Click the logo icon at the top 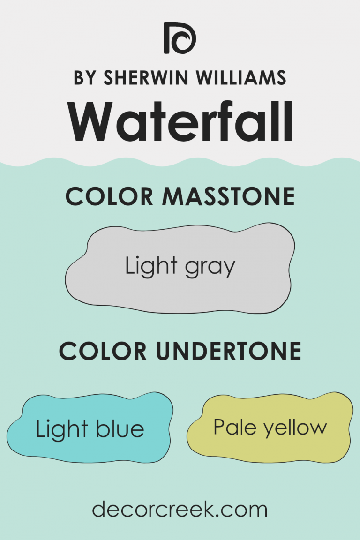[180, 37]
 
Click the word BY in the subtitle [84, 77]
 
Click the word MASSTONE [229, 197]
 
